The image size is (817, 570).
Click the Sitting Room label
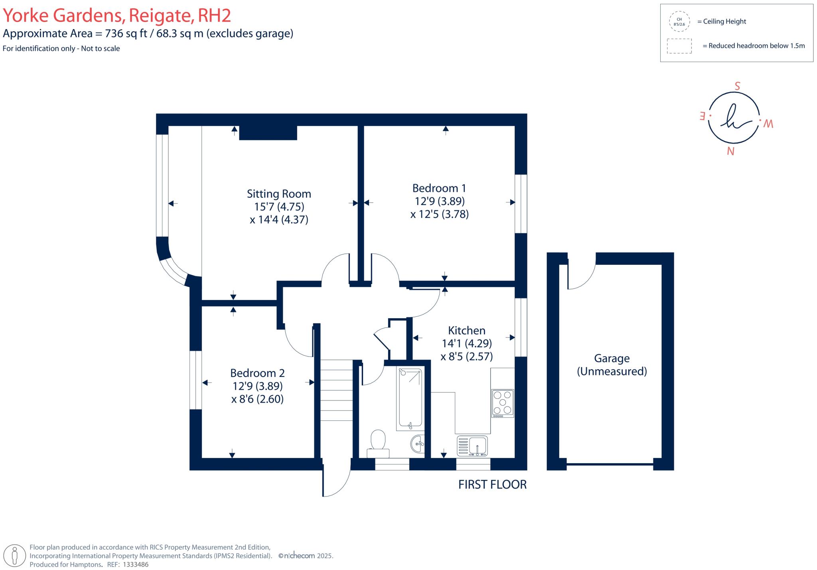point(279,194)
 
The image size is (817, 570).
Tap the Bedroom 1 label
point(439,188)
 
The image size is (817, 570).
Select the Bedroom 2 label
point(257,373)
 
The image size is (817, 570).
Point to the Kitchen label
point(467,330)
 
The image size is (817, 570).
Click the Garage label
point(612,358)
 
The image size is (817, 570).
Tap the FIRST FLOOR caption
point(492,484)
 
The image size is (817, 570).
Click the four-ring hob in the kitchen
point(503,403)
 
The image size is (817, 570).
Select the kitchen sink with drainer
point(472,446)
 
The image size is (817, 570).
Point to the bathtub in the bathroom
point(410,399)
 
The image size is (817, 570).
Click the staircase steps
point(337,390)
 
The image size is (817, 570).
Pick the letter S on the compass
point(737,86)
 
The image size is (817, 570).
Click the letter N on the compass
point(730,151)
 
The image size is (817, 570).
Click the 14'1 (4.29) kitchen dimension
point(467,343)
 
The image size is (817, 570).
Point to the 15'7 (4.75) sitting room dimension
point(279,207)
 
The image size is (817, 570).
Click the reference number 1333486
point(136,564)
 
